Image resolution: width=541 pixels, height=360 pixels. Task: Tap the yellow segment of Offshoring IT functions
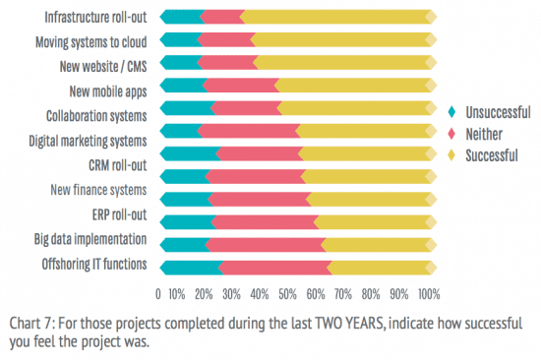[x=380, y=267]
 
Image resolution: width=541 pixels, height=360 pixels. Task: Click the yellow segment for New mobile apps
[x=354, y=86]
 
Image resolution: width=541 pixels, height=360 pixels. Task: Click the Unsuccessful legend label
[x=499, y=112]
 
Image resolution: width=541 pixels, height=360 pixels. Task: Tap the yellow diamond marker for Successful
[x=451, y=154]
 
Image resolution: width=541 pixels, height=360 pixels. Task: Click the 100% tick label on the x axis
[x=429, y=293]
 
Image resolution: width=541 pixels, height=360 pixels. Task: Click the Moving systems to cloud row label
[x=90, y=41]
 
